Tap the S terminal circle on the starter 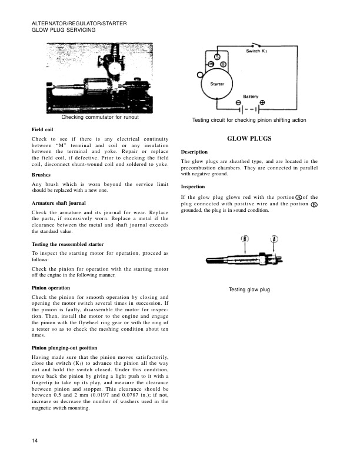point(216,56)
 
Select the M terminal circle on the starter point(211,63)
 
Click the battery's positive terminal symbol point(262,102)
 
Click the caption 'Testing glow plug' point(249,290)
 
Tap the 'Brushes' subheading point(42,175)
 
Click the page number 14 point(35,440)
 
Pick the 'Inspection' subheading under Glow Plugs point(194,187)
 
